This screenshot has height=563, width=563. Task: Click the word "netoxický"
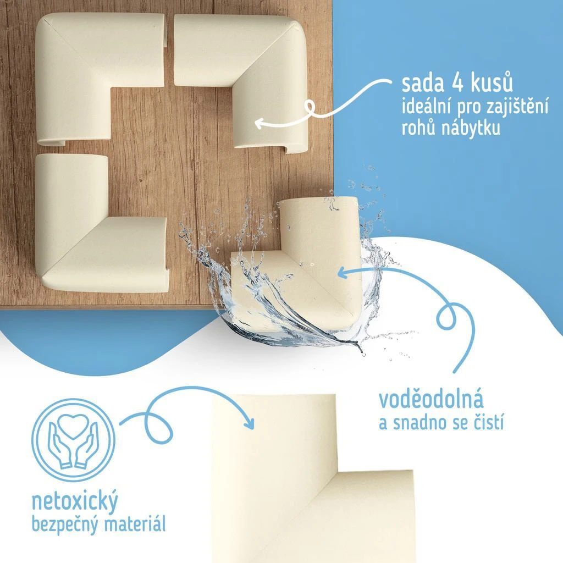pyautogui.click(x=75, y=501)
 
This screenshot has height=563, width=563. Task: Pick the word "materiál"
pyautogui.click(x=135, y=523)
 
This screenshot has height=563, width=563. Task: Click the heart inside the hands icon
pyautogui.click(x=73, y=427)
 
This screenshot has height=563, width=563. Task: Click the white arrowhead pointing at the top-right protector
pyautogui.click(x=260, y=123)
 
